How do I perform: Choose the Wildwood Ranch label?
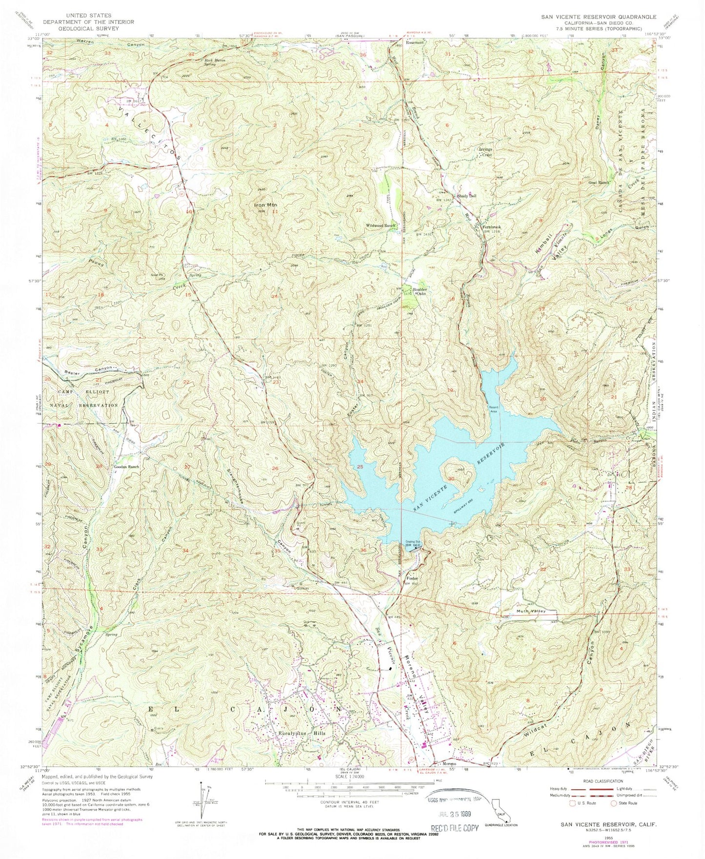(x=381, y=225)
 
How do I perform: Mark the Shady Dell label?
(x=466, y=196)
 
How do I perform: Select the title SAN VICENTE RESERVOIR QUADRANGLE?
(x=598, y=17)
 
